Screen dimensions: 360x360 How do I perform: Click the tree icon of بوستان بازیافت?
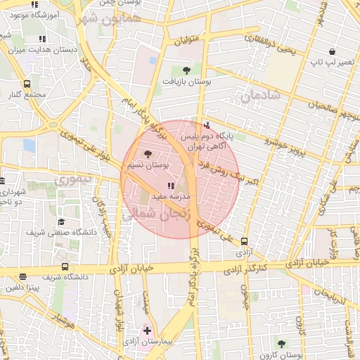[x=186, y=70]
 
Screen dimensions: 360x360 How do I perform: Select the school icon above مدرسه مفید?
[x=172, y=186]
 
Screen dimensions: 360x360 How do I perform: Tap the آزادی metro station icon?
[x=244, y=240]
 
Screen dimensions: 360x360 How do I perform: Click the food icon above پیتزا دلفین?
[x=23, y=276]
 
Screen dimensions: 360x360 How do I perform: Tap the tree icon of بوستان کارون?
[x=281, y=344]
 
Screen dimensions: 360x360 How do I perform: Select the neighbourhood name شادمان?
[x=261, y=96]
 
